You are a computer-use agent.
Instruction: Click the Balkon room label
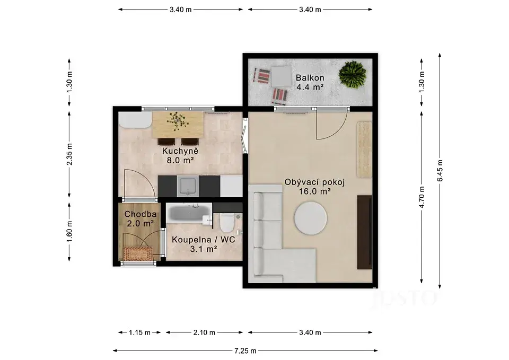coord(310,78)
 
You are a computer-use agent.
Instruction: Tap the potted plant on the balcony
coord(352,74)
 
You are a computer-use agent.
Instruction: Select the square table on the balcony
coord(282,76)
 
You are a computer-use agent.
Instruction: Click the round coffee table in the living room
coord(311,218)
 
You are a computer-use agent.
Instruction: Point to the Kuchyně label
coord(180,151)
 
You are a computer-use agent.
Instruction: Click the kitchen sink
coord(188,186)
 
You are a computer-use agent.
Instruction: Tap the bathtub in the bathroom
coord(188,213)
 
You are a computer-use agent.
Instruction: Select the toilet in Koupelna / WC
coord(226,222)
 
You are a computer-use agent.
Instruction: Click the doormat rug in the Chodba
coord(138,253)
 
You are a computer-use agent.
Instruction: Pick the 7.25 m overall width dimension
coord(245,350)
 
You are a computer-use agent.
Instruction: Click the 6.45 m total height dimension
coord(440,171)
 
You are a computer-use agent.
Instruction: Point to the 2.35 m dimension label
coord(69,154)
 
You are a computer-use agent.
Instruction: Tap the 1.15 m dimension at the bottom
coord(139,332)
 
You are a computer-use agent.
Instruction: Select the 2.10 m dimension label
coord(204,332)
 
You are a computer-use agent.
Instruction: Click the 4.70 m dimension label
coord(422,197)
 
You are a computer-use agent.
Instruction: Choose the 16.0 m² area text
coord(314,191)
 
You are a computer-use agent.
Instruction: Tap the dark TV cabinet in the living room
coord(365,232)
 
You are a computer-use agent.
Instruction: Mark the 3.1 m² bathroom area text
coord(204,249)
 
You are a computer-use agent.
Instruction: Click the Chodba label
coord(140,214)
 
